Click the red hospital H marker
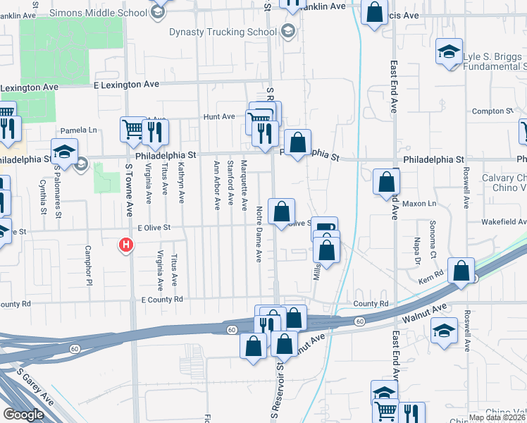[125, 245]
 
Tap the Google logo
[23, 415]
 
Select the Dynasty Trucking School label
[222, 32]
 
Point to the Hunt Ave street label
[218, 116]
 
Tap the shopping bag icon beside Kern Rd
[460, 271]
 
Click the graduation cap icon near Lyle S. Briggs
[449, 51]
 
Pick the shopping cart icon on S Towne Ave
[132, 128]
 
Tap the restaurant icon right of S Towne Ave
[155, 130]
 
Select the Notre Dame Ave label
[259, 240]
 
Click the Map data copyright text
[497, 417]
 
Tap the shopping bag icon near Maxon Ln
[387, 181]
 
